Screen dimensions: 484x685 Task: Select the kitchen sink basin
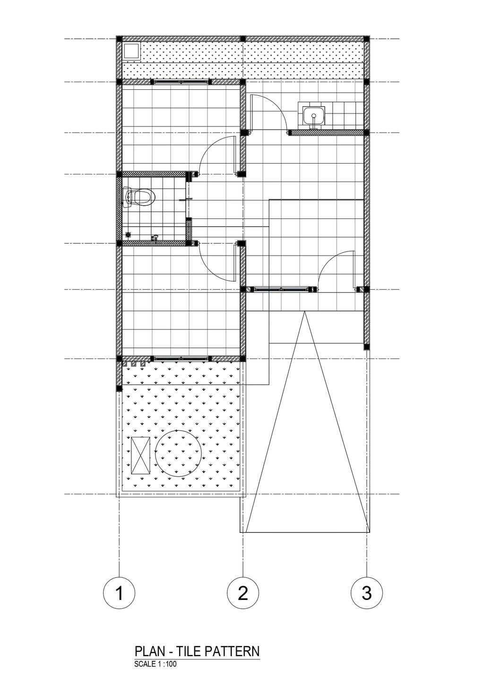pos(314,116)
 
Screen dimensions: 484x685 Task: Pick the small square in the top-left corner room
pos(131,51)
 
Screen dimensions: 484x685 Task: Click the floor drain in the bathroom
pos(129,234)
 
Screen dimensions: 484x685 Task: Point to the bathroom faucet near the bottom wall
pos(156,237)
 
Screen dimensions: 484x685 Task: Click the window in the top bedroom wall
pos(181,82)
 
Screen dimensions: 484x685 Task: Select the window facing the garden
pos(181,358)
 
